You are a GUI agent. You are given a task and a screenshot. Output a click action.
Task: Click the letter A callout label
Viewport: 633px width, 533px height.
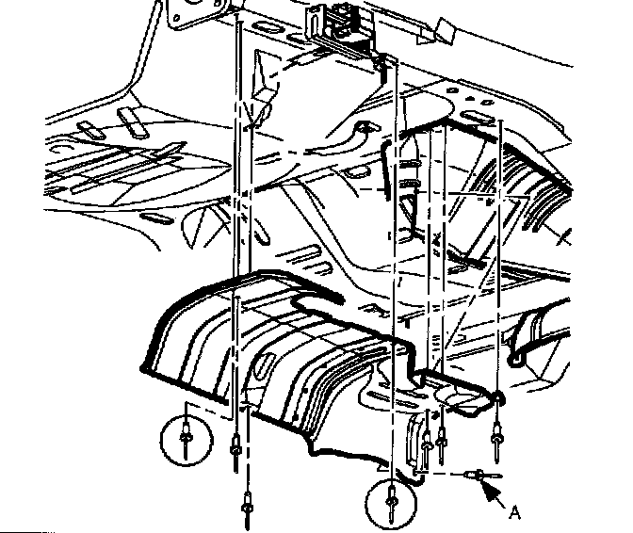[x=514, y=512]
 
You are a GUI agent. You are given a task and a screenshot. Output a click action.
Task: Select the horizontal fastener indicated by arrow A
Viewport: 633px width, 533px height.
[x=483, y=476]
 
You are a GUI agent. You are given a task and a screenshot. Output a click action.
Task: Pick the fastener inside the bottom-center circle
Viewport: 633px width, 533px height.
[x=391, y=503]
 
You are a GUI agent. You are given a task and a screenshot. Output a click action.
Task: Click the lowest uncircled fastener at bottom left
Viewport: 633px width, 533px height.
[x=247, y=509]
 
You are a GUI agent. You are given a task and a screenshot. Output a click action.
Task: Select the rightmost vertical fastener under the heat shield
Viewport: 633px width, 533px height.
[x=496, y=440]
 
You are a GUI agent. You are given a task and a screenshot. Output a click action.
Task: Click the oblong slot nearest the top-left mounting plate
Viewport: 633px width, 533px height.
[x=268, y=28]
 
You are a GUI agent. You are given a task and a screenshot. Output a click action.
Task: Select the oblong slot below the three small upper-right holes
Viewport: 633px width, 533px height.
[x=479, y=118]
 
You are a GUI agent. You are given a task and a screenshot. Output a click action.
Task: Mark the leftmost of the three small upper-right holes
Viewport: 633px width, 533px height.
[x=453, y=90]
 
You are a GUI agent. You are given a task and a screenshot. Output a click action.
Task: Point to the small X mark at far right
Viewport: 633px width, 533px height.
[x=564, y=237]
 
